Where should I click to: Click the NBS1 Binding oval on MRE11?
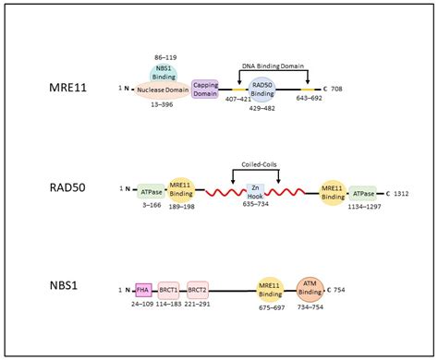164,74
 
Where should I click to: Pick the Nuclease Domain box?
163,90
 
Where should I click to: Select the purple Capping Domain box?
205,90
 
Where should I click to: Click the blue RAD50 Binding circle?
262,90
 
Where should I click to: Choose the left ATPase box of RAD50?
151,191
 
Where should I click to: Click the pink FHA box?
142,289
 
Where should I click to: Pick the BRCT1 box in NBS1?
168,289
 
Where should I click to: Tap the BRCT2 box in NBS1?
198,289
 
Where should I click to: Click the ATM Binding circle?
310,288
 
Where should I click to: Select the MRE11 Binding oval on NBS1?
271,289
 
